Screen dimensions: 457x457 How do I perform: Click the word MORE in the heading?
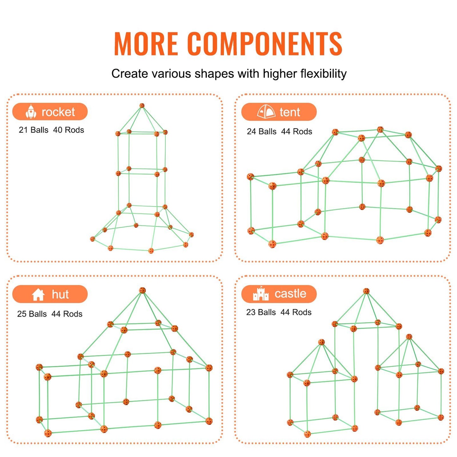pos(146,44)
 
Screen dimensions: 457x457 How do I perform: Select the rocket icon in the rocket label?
pos(31,111)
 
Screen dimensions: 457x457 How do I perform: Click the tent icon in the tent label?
pos(266,111)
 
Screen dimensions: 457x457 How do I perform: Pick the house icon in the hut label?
pos(38,295)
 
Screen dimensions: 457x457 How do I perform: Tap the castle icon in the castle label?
pos(261,293)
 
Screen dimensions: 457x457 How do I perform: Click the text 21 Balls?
pos(34,130)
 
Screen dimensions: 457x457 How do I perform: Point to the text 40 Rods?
pos(69,130)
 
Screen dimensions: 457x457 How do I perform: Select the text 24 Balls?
pos(262,131)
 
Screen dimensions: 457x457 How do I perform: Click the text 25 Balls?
pos(32,314)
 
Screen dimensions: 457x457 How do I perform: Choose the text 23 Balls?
pos(261,312)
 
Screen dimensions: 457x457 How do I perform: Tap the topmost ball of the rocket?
pos(142,106)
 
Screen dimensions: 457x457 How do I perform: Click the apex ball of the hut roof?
pos(142,290)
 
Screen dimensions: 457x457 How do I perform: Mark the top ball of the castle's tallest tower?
pos(366,291)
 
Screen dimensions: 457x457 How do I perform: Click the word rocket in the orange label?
pos(58,112)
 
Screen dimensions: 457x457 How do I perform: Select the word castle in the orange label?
pos(290,293)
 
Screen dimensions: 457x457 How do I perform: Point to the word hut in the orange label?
pos(60,294)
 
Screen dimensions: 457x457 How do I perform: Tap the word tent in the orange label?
pos(290,112)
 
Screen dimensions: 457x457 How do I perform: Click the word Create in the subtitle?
pos(130,73)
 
